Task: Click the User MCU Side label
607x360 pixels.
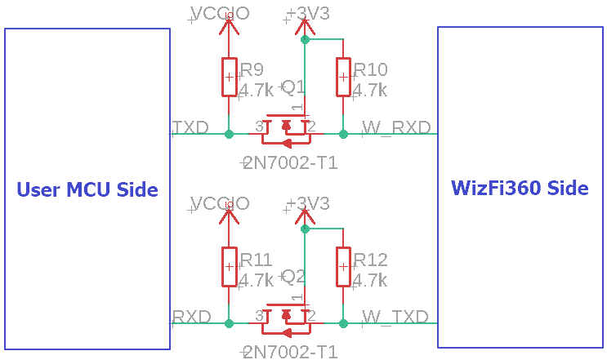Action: (x=87, y=189)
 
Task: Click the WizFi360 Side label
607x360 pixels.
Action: (x=520, y=188)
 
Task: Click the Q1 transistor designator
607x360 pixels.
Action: (x=292, y=87)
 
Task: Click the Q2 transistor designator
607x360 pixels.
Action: (x=292, y=277)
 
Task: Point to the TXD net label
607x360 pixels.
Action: (x=191, y=127)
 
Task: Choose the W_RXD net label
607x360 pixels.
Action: (x=396, y=127)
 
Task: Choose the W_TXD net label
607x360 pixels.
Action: (x=395, y=317)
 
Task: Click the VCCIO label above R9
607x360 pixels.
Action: (x=220, y=13)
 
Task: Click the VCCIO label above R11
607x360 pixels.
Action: (x=220, y=203)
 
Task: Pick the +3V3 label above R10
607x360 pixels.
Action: (x=309, y=14)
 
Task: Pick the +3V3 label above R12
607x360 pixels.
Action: (x=309, y=203)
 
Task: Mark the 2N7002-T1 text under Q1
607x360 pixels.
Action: (x=291, y=163)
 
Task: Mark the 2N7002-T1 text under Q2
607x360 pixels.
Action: (x=291, y=353)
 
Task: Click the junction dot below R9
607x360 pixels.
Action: (x=229, y=134)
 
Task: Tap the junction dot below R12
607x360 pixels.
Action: (x=343, y=324)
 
